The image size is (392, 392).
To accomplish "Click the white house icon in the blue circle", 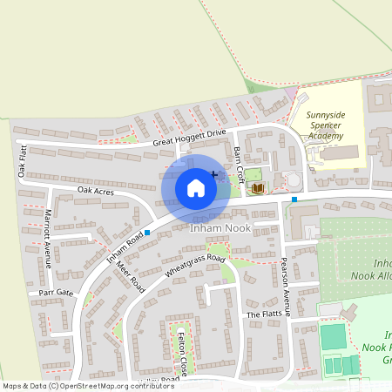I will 196,187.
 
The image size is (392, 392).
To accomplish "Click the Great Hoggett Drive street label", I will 189,136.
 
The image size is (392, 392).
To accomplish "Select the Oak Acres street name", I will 96,190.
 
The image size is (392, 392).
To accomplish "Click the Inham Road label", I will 125,247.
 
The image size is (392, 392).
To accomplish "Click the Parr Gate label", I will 55,293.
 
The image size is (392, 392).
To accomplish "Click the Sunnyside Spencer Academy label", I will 325,125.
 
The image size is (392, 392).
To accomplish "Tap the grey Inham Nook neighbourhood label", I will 220,228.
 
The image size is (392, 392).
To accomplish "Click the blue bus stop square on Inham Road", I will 148,233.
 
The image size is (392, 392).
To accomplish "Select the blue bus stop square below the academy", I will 294,199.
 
